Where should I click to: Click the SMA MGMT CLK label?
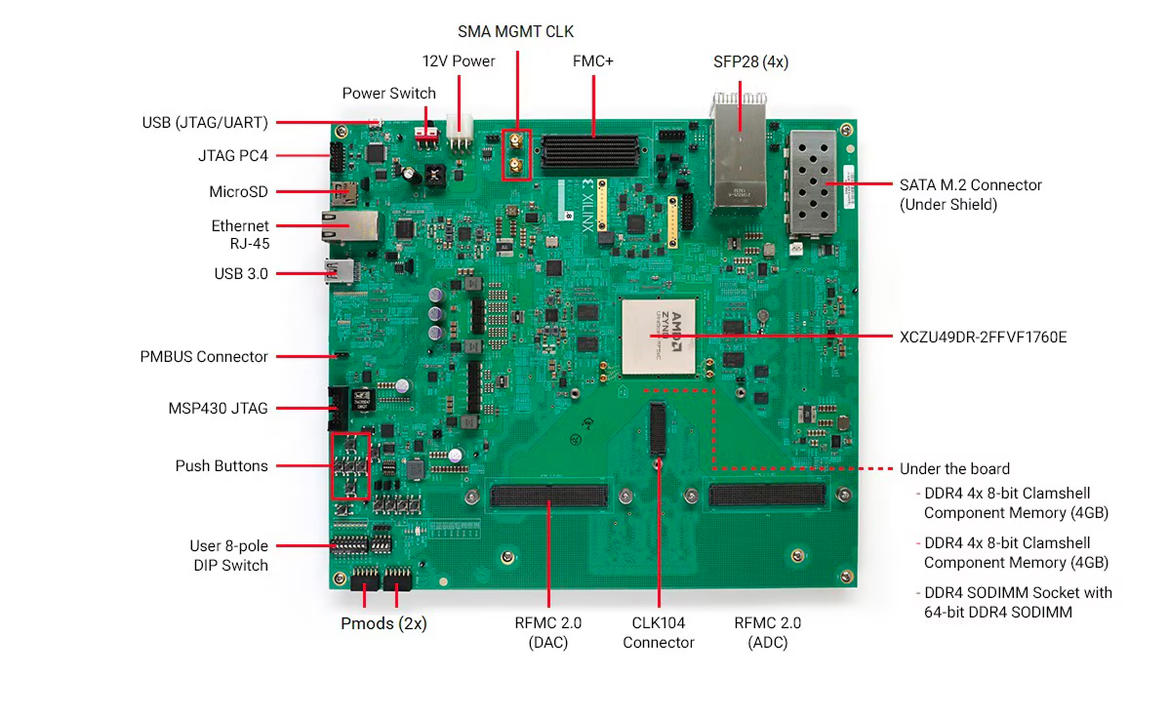515,32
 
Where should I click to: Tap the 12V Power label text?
459,61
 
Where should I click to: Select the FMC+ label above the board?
592,61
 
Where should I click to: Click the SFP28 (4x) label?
751,61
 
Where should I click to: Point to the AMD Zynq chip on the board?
663,337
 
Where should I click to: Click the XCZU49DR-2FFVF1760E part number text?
983,338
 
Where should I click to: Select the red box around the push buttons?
351,466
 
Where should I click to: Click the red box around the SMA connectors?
516,155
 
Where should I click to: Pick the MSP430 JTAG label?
218,408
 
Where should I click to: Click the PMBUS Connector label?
204,357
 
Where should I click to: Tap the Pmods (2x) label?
383,623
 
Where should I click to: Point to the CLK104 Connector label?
659,632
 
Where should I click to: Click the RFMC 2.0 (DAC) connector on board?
548,496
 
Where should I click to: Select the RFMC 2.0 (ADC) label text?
767,632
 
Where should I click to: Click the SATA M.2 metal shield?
813,182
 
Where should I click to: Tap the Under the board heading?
954,469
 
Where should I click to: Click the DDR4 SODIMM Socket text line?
1017,593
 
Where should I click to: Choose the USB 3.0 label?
241,274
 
